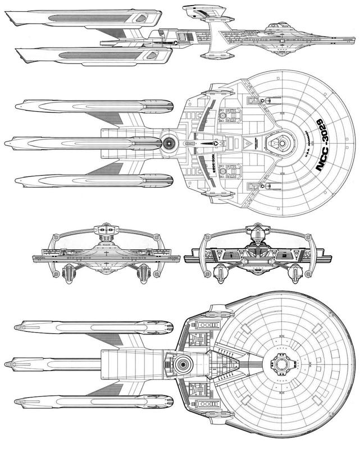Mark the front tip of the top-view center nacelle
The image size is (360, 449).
point(7,144)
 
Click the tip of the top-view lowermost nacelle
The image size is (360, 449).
point(19,180)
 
